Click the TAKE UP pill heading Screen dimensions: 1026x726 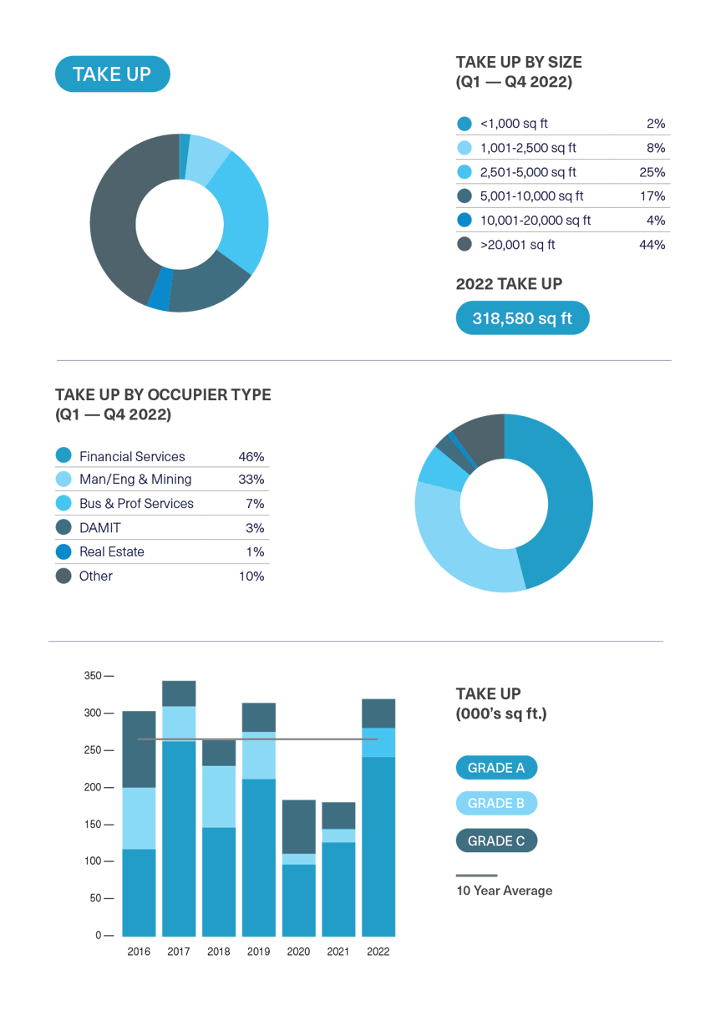point(112,74)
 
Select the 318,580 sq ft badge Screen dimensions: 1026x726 point(522,318)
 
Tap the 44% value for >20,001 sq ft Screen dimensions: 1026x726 point(652,245)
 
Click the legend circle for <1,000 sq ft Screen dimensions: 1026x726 point(465,124)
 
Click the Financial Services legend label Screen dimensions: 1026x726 point(132,456)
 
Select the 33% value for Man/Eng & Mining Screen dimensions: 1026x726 point(251,480)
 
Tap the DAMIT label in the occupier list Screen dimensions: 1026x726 point(101,528)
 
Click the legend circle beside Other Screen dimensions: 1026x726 point(63,576)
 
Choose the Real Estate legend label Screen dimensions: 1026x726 point(112,551)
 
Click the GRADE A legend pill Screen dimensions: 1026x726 point(496,768)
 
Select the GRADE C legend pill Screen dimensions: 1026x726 point(496,841)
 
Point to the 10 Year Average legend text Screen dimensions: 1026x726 point(504,891)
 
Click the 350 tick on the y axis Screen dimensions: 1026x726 point(93,675)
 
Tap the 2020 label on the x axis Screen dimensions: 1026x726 point(298,951)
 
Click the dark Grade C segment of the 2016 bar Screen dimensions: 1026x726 point(139,749)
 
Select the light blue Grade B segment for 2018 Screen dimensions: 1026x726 point(219,796)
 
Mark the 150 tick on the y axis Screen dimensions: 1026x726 point(93,824)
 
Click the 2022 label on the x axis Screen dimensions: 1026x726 point(378,951)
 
